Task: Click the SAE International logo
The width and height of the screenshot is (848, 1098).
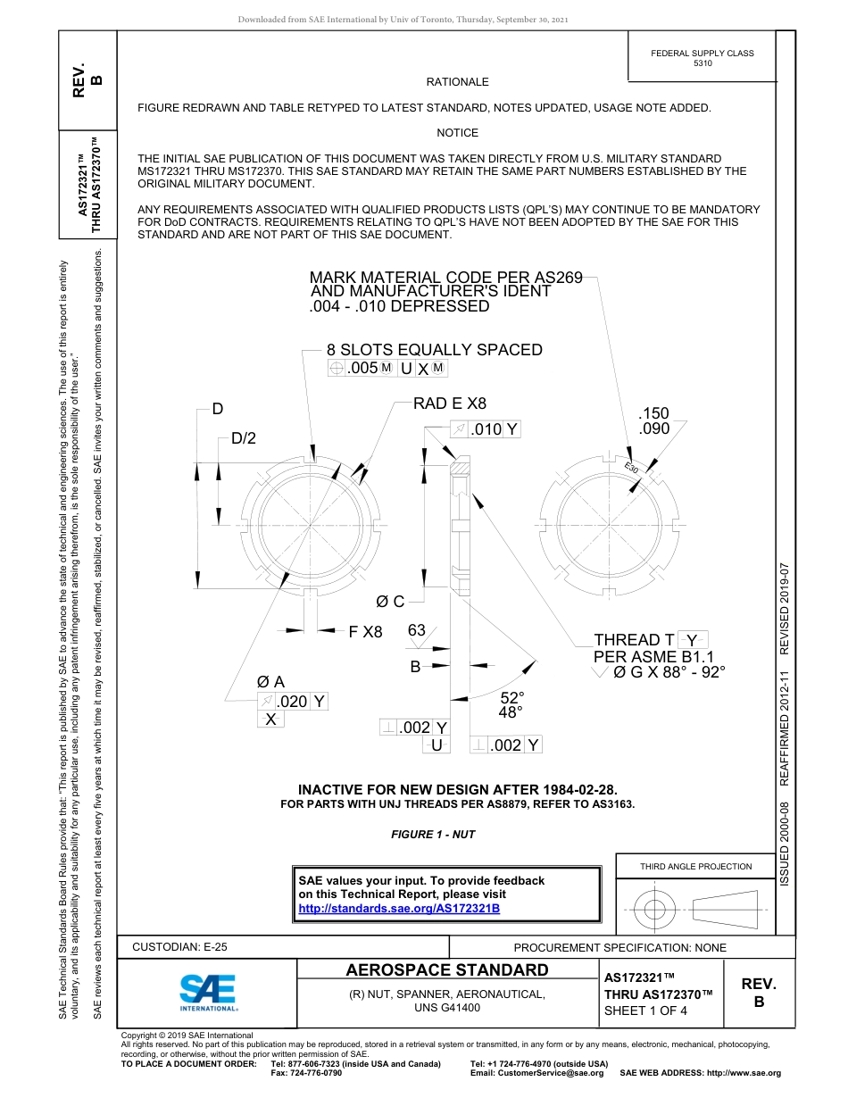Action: [x=208, y=991]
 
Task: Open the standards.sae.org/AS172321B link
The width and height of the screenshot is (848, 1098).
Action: [x=398, y=908]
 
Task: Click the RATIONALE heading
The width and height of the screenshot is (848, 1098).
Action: [x=457, y=82]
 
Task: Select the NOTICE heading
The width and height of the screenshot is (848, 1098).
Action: [x=457, y=133]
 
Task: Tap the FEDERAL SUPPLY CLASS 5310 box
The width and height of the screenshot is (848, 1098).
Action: [x=702, y=58]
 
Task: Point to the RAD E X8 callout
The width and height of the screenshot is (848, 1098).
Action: [x=449, y=403]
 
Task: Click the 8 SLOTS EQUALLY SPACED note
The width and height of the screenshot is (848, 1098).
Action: [x=434, y=350]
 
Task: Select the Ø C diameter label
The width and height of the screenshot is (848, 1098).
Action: [x=390, y=603]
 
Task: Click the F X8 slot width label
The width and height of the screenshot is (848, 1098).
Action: [x=365, y=632]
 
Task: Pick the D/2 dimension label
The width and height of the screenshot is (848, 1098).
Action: [x=244, y=438]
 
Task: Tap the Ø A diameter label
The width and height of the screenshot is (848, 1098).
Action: [x=270, y=682]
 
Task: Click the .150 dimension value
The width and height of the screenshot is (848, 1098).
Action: [x=653, y=413]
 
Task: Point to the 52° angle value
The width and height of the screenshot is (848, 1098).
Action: [x=511, y=697]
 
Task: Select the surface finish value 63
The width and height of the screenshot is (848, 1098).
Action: [x=417, y=631]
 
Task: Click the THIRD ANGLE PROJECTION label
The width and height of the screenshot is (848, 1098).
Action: [x=695, y=866]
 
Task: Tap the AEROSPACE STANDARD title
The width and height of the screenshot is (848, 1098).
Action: [x=447, y=970]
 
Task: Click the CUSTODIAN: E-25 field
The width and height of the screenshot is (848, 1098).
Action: [x=179, y=947]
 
